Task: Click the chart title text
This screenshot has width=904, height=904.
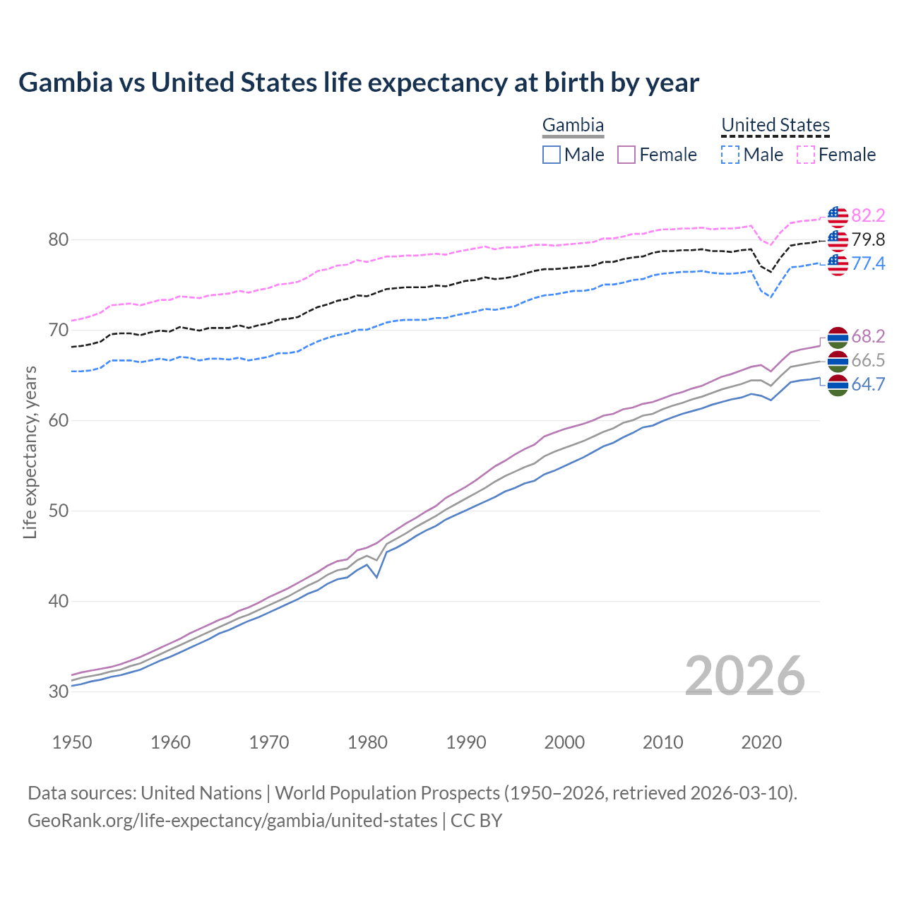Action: [359, 83]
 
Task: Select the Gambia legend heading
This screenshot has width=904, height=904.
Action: [573, 125]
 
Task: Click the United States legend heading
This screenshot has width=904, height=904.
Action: [775, 125]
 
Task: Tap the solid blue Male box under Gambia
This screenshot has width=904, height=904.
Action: [552, 155]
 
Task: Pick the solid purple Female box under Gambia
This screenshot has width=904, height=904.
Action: [627, 155]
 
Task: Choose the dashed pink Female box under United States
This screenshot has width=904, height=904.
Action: [806, 155]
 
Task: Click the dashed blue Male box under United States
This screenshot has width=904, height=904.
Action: [730, 155]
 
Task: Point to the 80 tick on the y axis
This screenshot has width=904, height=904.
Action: [58, 240]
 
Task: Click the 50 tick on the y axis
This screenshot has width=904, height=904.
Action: [58, 511]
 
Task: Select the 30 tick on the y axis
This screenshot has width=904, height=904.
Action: [58, 692]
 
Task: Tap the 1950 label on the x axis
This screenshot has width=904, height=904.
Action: [72, 742]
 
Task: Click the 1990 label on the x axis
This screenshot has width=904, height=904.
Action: [466, 742]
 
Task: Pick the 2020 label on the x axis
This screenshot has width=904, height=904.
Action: [761, 742]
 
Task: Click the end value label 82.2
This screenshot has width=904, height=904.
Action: [868, 215]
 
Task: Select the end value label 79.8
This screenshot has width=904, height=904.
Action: [868, 239]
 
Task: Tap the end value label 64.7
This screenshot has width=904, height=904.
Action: [868, 384]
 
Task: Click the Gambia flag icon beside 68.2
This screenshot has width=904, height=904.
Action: [838, 337]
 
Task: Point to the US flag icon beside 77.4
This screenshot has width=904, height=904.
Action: [838, 264]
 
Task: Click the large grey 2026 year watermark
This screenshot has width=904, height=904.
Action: [744, 676]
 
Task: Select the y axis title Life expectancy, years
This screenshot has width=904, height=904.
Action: [30, 452]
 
